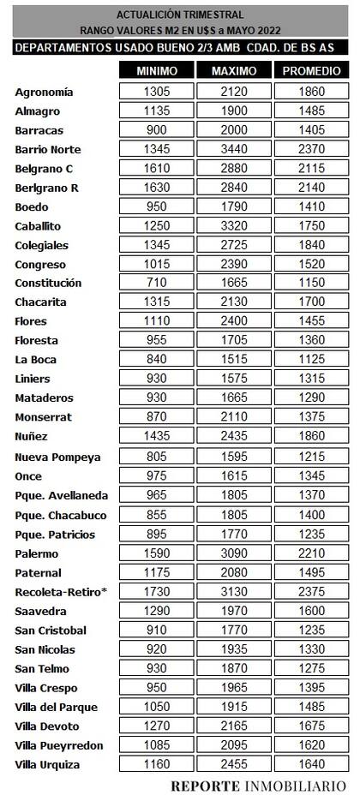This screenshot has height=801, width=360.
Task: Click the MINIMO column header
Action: coord(157,70)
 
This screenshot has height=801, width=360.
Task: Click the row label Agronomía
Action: coord(45,92)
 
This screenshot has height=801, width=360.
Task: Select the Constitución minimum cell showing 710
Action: coord(157,283)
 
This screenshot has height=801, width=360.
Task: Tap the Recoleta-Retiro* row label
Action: coord(55,592)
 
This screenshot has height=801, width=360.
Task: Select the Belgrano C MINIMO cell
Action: coord(157,168)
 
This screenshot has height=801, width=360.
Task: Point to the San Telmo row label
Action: coord(42,669)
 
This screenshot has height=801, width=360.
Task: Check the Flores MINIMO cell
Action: coord(157,321)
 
